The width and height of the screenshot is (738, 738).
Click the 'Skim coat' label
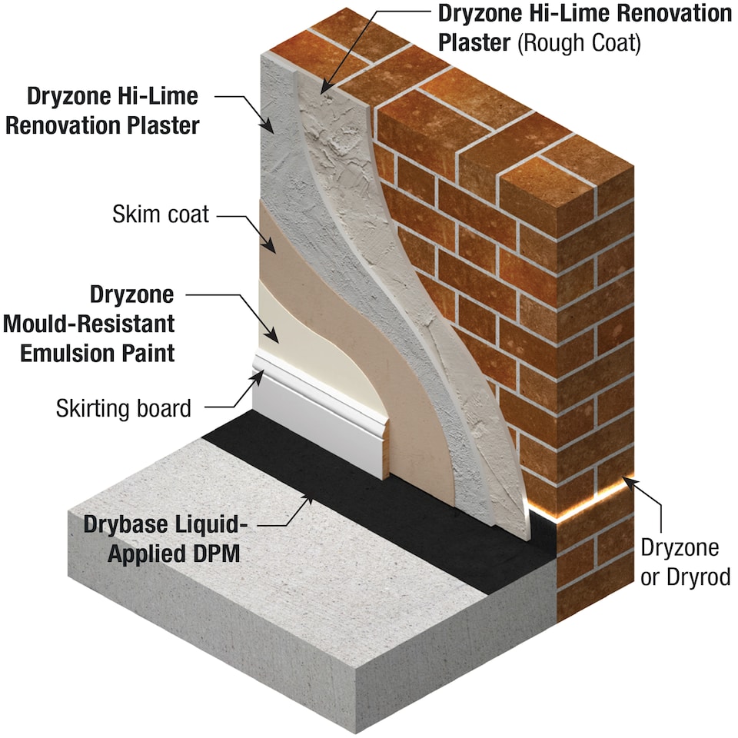pyautogui.click(x=160, y=214)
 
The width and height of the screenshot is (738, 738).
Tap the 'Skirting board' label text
pyautogui.click(x=123, y=407)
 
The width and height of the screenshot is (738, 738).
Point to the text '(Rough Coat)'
pyautogui.click(x=579, y=42)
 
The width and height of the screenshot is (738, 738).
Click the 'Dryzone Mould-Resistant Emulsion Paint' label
pyautogui.click(x=88, y=324)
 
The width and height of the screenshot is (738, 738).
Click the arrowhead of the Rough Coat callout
pyautogui.click(x=322, y=92)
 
